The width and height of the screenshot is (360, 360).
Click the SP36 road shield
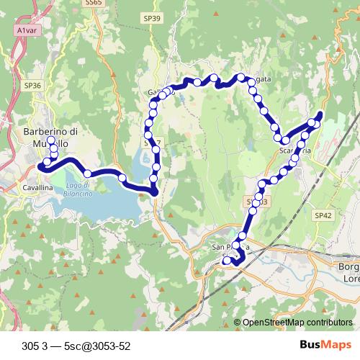32,85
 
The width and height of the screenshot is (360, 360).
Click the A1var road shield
25,32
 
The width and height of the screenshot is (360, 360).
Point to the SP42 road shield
323,215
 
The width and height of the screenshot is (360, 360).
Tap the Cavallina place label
37,187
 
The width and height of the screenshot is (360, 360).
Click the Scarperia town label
294,151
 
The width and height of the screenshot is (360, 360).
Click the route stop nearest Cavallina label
41,168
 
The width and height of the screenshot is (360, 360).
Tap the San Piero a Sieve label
230,251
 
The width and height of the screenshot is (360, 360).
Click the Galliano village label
161,93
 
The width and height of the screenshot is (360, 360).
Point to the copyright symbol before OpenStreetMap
237,323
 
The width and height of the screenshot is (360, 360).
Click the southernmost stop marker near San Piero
227,261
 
